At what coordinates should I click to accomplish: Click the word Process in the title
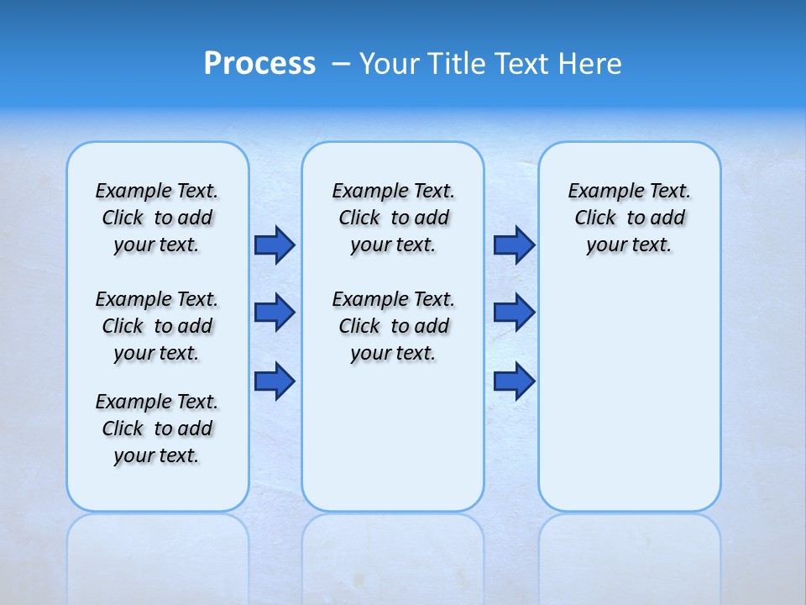point(259,63)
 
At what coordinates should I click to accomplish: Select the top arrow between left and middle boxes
point(275,245)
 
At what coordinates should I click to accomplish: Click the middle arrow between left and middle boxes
point(275,313)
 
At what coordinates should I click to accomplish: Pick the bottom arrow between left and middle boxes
point(275,381)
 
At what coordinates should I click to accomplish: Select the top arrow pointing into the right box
point(514,245)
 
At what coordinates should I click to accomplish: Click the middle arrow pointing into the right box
point(514,313)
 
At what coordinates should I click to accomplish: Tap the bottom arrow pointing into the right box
point(514,381)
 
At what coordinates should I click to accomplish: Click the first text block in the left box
point(157,218)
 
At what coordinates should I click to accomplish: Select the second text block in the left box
point(157,326)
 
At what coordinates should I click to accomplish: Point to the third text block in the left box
point(157,429)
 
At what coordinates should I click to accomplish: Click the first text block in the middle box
point(393,218)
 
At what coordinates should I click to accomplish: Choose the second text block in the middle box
point(393,326)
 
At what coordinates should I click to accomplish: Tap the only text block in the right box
point(629,218)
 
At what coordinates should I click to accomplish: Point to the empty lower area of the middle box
point(393,437)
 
